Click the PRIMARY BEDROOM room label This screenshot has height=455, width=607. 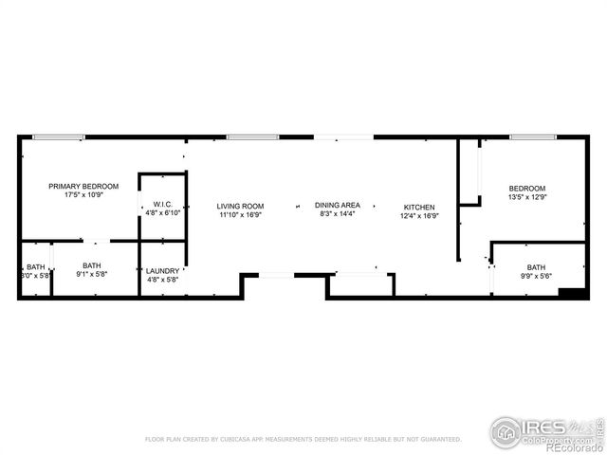pos(83,186)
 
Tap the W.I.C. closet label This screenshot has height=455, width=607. pos(161,205)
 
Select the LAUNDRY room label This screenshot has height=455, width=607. pos(162,271)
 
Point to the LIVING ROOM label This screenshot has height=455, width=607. pos(240,206)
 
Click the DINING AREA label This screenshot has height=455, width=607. pos(337,205)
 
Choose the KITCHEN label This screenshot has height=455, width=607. pos(419,207)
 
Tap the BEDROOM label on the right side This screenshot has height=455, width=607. pos(526,189)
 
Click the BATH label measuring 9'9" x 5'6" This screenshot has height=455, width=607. pos(536,267)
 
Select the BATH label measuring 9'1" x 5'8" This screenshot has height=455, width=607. pos(91,266)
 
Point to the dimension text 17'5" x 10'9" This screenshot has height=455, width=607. pos(83,195)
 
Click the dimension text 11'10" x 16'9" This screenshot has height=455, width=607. pos(240,215)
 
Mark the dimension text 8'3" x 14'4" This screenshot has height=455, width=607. pos(337,214)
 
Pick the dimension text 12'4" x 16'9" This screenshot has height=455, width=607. pos(419,215)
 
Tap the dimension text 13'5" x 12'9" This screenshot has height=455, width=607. pos(526,198)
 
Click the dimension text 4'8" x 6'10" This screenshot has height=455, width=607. pos(161,214)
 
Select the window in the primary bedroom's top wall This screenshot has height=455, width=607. pos(58,137)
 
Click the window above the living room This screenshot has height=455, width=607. pos(246,137)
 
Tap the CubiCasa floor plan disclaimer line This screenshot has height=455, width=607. pos(303,440)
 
